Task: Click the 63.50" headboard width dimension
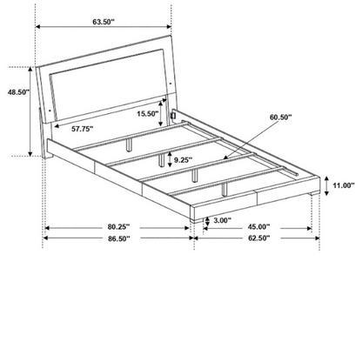104,22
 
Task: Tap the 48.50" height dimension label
19,92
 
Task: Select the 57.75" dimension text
83,129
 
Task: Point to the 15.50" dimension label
148,114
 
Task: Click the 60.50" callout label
281,117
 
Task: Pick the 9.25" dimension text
183,160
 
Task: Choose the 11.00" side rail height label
344,185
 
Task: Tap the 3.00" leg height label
223,220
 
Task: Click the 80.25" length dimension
119,226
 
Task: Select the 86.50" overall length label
119,238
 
